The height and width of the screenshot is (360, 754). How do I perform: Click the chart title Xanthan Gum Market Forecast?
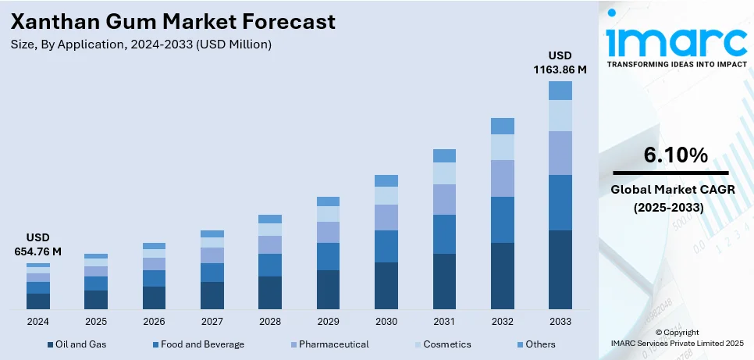173,22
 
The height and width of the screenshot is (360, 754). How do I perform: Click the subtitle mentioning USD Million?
141,45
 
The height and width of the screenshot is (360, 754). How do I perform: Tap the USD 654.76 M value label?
37,244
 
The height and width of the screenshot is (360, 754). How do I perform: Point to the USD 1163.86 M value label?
560,62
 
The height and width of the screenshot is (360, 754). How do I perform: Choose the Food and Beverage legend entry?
199,344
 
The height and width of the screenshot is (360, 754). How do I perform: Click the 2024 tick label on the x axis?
37,321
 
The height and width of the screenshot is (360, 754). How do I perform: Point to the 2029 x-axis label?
328,321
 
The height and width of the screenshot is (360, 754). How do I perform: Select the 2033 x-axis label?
560,321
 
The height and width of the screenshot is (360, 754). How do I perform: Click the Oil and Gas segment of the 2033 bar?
560,269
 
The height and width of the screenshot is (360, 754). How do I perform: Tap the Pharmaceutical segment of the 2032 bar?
502,178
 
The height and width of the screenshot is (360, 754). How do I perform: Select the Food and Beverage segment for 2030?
386,246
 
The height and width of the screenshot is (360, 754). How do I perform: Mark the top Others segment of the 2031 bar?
444,155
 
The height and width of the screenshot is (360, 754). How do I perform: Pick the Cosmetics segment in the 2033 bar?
560,116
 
